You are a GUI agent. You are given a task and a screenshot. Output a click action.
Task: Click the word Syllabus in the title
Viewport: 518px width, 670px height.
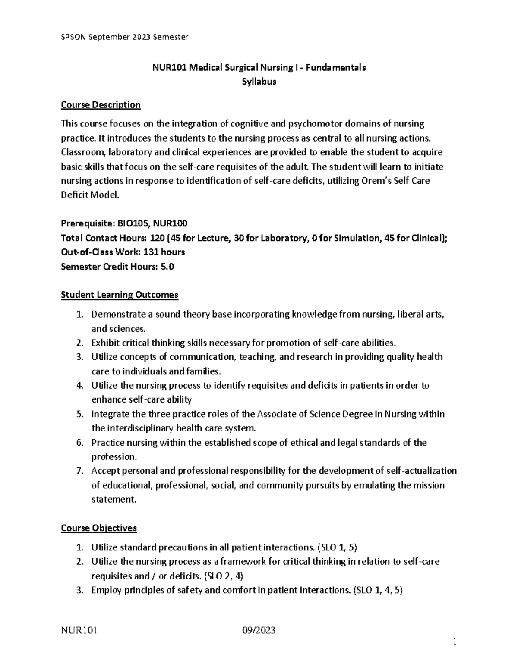[259, 82]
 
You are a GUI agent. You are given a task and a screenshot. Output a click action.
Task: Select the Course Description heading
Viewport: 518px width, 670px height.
[101, 105]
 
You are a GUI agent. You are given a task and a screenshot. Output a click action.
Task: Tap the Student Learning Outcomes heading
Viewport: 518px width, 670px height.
[119, 295]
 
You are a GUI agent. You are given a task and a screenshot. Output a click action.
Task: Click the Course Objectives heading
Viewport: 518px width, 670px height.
[99, 528]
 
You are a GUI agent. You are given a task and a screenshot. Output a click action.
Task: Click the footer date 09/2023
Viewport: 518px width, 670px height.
[259, 631]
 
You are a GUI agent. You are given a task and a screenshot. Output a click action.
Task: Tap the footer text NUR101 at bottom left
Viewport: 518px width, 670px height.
[79, 631]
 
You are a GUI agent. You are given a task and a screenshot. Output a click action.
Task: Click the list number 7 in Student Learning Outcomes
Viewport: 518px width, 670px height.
[79, 471]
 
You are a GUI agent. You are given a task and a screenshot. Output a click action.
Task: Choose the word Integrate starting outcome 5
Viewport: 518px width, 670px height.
[110, 414]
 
